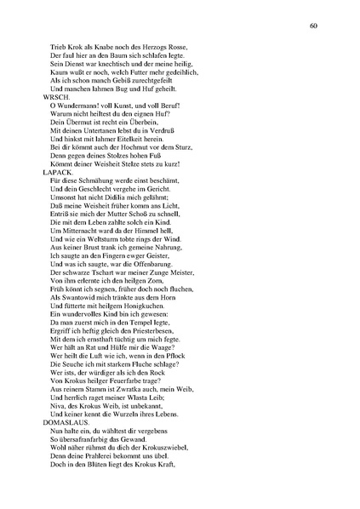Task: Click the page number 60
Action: (313, 26)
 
